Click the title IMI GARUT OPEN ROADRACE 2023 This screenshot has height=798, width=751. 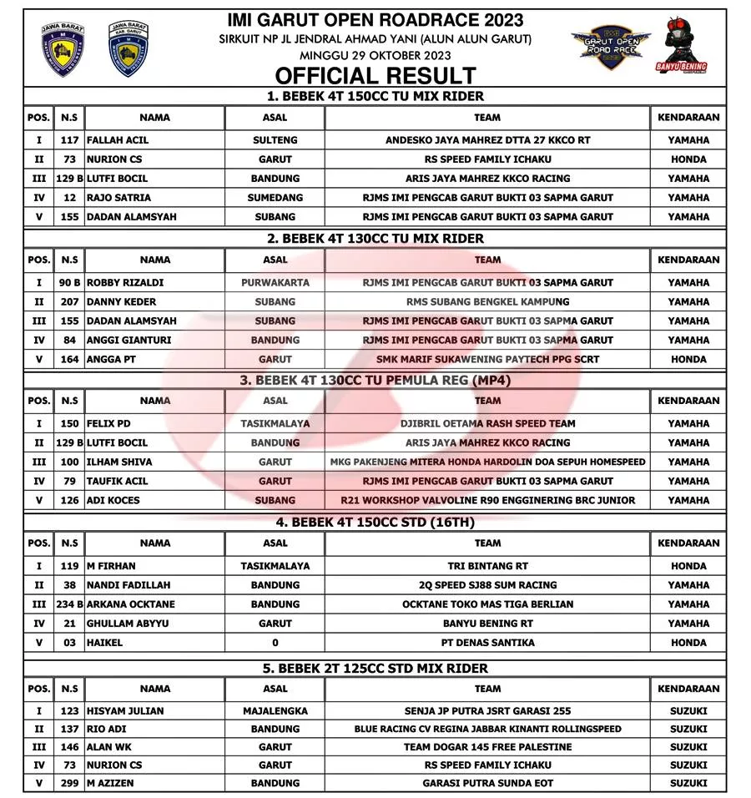pyautogui.click(x=375, y=19)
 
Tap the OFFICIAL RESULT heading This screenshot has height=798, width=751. pyautogui.click(x=375, y=75)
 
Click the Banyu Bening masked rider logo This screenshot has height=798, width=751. pyautogui.click(x=682, y=46)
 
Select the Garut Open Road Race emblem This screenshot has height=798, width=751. pyautogui.click(x=611, y=48)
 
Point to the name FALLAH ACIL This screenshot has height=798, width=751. pyautogui.click(x=118, y=140)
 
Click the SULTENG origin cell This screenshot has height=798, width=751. pyautogui.click(x=275, y=140)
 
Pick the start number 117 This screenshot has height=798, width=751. pyautogui.click(x=70, y=140)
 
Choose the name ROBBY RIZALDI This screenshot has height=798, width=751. pyautogui.click(x=126, y=283)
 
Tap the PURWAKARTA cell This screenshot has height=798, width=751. pyautogui.click(x=275, y=283)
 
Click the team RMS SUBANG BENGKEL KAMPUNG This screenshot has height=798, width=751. pyautogui.click(x=487, y=302)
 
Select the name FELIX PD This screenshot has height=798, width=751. pyautogui.click(x=108, y=424)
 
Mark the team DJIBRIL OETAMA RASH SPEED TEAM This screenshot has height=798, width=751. pyautogui.click(x=487, y=424)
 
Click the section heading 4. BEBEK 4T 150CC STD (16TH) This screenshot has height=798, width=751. pyautogui.click(x=375, y=523)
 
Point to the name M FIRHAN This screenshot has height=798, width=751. pyautogui.click(x=111, y=566)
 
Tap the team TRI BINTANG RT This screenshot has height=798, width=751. pyautogui.click(x=487, y=566)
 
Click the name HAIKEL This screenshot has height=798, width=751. pyautogui.click(x=104, y=643)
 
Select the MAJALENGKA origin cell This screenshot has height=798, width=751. pyautogui.click(x=275, y=711)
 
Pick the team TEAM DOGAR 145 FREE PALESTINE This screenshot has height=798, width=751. pyautogui.click(x=487, y=747)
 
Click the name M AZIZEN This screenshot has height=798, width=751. pyautogui.click(x=110, y=784)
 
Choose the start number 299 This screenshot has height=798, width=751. pyautogui.click(x=70, y=784)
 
